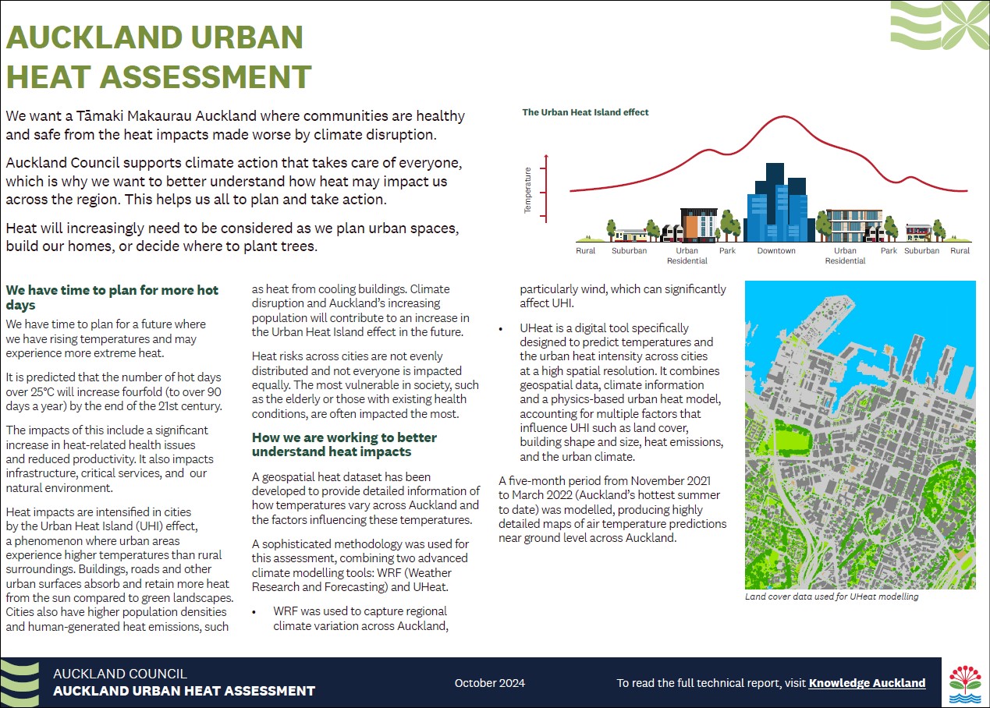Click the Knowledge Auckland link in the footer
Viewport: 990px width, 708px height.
pos(867,683)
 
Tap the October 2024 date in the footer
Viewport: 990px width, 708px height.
pos(490,683)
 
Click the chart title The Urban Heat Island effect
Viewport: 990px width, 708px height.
pos(585,112)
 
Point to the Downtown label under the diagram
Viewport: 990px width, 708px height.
pos(776,250)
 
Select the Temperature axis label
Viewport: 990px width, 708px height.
pos(527,190)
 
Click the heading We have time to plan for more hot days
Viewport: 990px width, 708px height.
pos(112,297)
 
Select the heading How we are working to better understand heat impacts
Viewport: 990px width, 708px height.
pos(344,444)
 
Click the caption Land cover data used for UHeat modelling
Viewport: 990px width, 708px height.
pos(832,596)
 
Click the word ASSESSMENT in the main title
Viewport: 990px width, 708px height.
pos(205,77)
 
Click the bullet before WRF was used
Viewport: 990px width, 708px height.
pos(254,613)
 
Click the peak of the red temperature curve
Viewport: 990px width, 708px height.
pos(784,117)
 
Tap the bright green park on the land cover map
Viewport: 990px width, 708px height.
pos(792,441)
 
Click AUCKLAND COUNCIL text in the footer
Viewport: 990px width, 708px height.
pos(120,674)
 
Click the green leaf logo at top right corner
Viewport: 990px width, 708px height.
pos(939,26)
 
